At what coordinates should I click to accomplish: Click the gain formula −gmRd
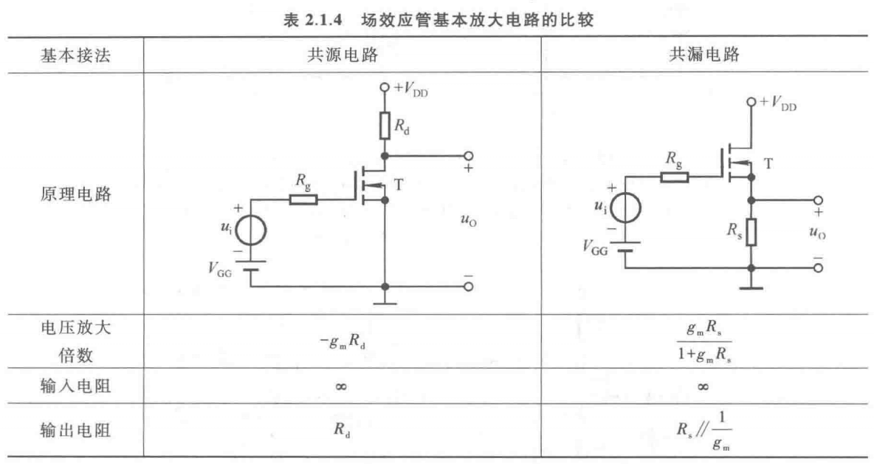342,341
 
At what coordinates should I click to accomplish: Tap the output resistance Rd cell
342,429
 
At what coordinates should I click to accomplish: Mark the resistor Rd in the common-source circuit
385,126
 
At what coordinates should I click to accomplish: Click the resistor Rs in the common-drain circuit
750,233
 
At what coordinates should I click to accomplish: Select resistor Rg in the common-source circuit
303,199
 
